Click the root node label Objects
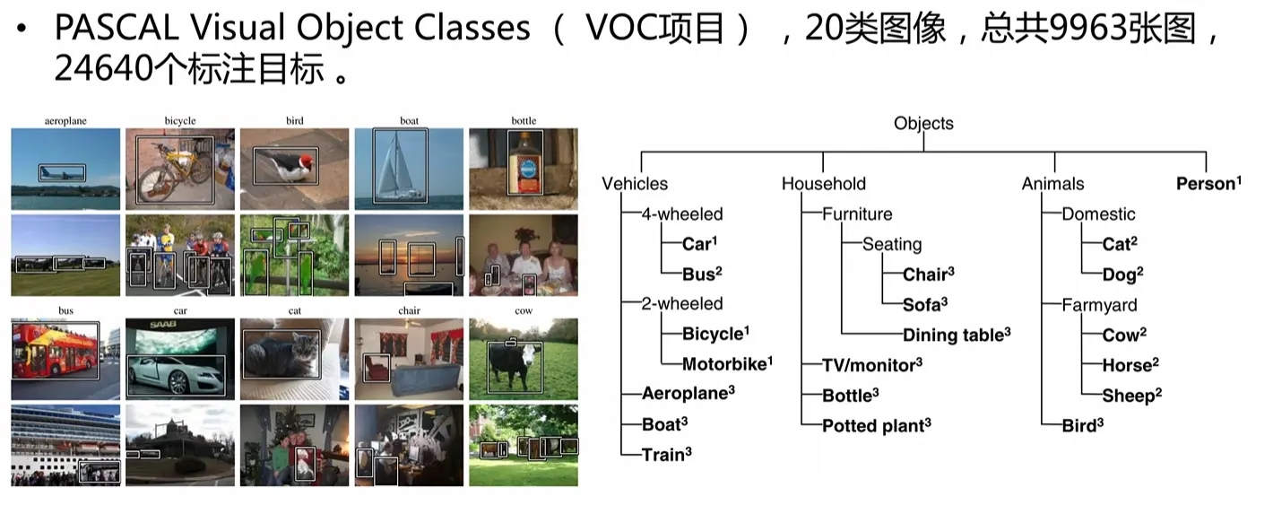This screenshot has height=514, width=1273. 923,124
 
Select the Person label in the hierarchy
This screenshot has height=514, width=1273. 1208,183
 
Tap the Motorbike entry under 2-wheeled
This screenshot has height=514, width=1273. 727,363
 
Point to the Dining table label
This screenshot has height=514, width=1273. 957,335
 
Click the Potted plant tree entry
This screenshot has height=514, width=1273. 877,425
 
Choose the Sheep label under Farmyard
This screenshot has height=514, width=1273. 1131,396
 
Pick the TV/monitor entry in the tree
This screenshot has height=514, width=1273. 871,365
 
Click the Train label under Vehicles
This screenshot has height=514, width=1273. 666,454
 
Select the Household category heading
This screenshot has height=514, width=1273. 824,184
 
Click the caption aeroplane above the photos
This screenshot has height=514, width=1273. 65,120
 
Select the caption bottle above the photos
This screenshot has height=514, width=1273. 524,120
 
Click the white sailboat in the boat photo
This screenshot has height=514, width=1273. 398,166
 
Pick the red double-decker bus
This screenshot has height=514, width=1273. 55,352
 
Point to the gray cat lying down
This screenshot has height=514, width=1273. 281,353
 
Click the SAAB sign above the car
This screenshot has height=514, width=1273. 163,324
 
